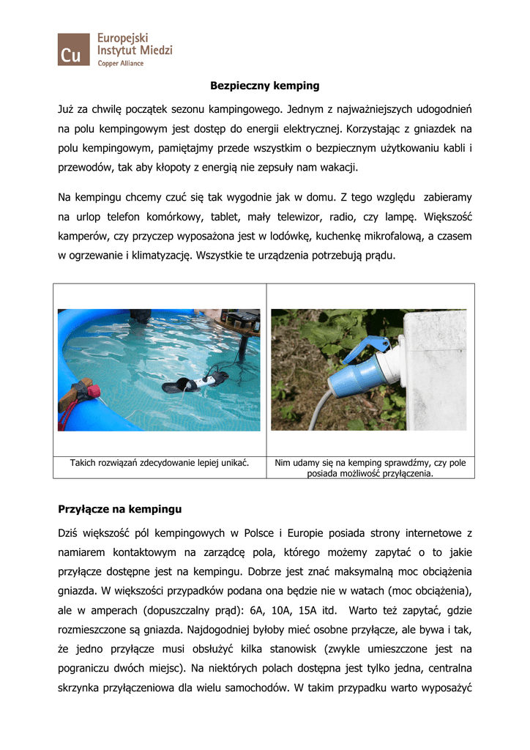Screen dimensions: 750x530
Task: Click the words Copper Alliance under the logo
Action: [121, 64]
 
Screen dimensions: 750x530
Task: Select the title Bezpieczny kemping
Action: [265, 86]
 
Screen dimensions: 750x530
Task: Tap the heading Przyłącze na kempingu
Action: [119, 508]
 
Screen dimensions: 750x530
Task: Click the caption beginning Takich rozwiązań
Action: [160, 463]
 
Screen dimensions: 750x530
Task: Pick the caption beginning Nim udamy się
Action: [370, 468]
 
